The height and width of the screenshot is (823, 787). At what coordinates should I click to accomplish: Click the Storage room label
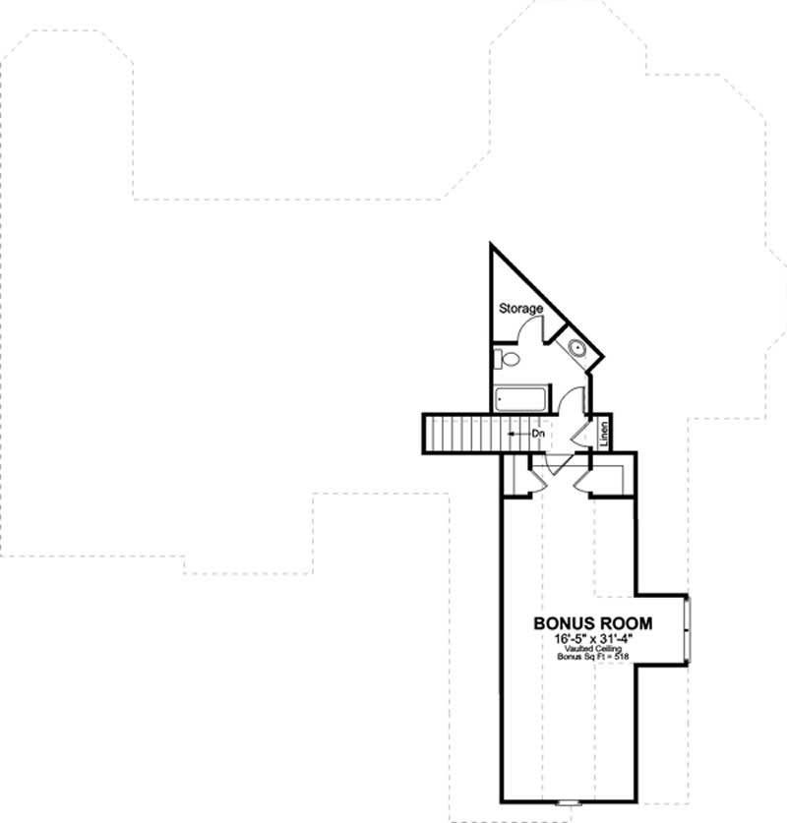click(520, 309)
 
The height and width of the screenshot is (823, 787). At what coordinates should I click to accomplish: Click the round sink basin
click(575, 347)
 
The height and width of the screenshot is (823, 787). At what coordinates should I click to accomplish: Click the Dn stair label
click(538, 433)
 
